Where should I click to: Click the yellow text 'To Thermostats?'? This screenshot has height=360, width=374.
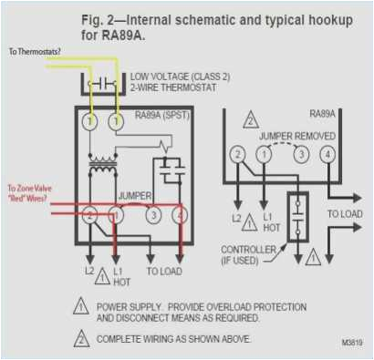point(34,53)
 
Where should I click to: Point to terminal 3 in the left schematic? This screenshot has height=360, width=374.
point(153,215)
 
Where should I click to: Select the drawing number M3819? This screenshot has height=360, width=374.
point(351,343)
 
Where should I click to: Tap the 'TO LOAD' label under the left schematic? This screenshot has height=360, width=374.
point(163,273)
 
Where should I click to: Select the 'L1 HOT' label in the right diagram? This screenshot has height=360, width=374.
point(270,224)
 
